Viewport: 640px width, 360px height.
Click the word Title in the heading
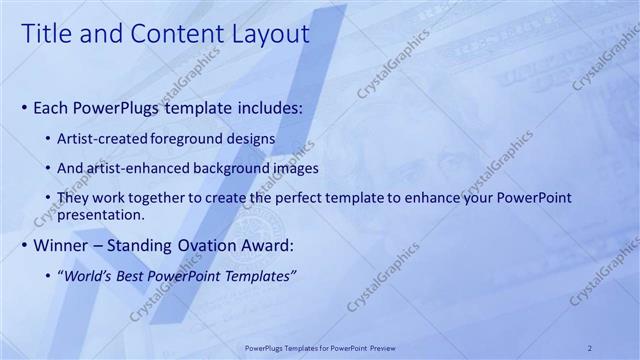click(x=44, y=34)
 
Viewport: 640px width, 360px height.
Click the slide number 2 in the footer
click(x=590, y=347)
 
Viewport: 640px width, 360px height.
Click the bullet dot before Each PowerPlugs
click(x=25, y=107)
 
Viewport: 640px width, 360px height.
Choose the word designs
click(x=252, y=137)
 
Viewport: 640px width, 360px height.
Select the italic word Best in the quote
click(x=139, y=276)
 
